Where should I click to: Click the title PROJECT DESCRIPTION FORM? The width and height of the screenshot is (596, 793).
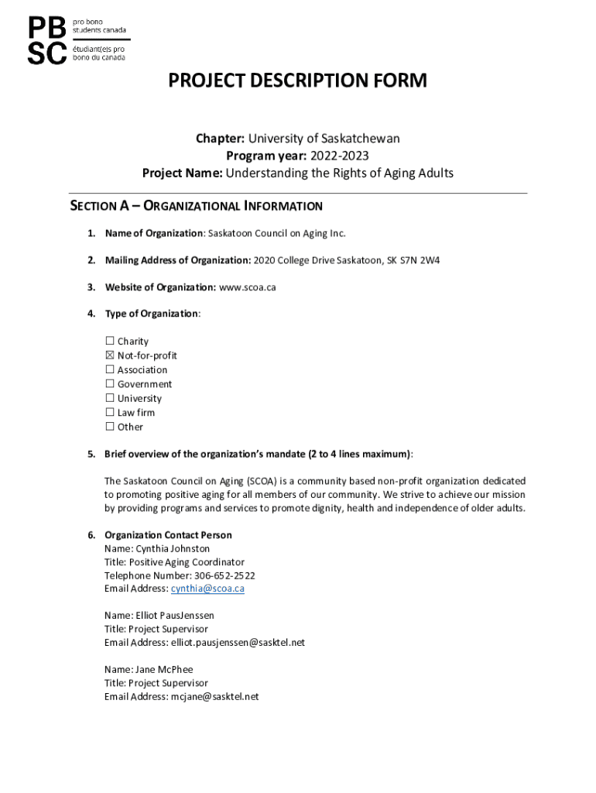coord(298,81)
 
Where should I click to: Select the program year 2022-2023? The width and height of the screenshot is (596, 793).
coord(341,156)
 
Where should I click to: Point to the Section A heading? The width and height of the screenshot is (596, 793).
coord(196,206)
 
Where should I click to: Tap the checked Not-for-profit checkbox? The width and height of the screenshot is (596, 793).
coord(109,355)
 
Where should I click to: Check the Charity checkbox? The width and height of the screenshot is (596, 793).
coord(109,342)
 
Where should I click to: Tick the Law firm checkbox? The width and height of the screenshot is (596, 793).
coord(109,413)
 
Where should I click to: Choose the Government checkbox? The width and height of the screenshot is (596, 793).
coord(109,384)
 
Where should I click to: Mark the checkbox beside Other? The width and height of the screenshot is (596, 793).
coord(109,427)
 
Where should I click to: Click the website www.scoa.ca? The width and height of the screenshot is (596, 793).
coord(248,287)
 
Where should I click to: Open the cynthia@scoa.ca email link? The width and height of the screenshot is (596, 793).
coord(207,589)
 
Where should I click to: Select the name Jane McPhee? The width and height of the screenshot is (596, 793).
coord(164,670)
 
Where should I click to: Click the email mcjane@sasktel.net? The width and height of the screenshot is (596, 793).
coord(214,697)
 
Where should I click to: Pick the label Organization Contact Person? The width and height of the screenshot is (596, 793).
coord(168,535)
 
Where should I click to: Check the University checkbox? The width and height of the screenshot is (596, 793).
coord(109,399)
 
